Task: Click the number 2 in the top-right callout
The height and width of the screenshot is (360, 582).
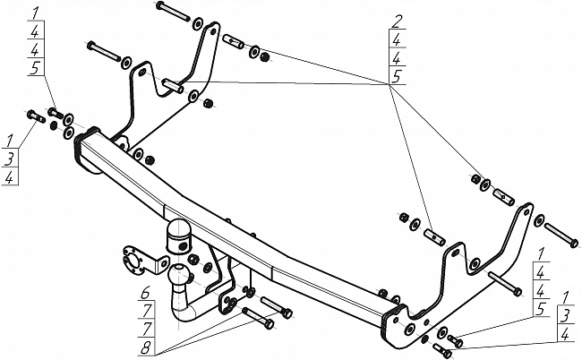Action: (x=395, y=19)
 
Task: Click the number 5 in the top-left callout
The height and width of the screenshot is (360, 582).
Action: (x=34, y=67)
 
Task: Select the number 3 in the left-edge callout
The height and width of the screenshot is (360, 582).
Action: (x=10, y=159)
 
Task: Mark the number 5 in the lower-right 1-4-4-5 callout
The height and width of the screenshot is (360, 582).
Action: (x=542, y=310)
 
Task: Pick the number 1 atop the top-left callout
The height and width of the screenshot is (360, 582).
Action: (x=34, y=13)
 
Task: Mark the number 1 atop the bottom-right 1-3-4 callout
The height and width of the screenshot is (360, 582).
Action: (x=565, y=296)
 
